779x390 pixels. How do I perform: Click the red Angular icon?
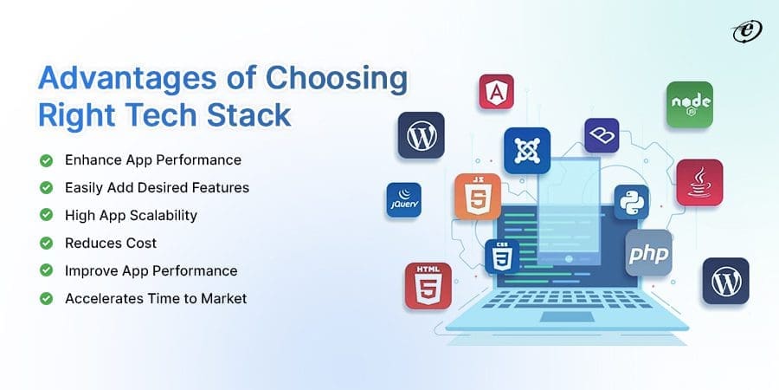(496, 91)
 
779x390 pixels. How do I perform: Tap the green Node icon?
(689, 105)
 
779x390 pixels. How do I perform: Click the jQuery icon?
(403, 199)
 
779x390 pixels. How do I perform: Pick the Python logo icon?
(631, 202)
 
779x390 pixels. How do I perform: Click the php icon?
(648, 252)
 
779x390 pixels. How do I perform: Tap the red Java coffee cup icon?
(699, 182)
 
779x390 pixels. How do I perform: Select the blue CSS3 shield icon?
(502, 257)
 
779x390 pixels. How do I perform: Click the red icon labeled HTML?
(428, 285)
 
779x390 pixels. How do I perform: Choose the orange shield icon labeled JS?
(477, 196)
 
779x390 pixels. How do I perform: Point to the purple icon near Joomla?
(602, 136)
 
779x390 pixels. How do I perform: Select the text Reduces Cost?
(106, 243)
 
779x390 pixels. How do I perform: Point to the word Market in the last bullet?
(221, 298)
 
